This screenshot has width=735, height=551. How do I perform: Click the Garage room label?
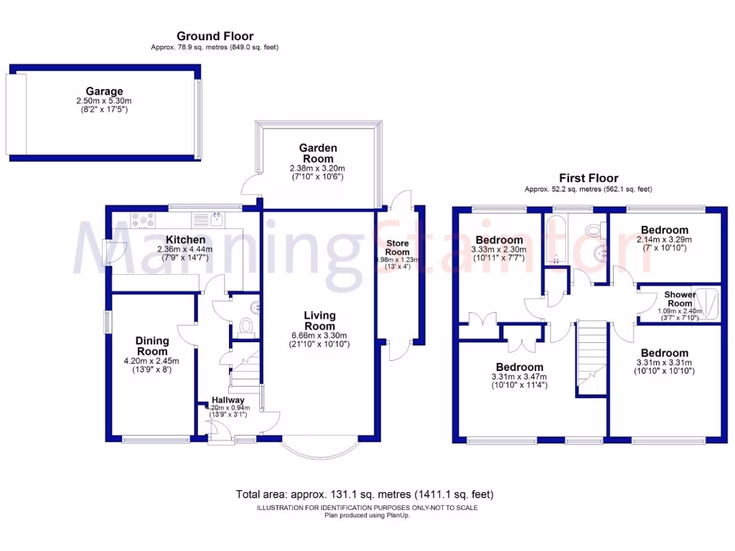tap(104, 91)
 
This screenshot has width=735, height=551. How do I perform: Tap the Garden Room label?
tap(317, 154)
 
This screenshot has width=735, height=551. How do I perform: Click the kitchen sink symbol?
tap(215, 219)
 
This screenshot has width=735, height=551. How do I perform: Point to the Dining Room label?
tap(152, 346)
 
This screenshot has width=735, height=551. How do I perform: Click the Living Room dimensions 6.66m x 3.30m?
tap(319, 336)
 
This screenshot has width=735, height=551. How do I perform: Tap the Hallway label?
tap(228, 400)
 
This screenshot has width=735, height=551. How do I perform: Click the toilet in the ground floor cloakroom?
tap(245, 327)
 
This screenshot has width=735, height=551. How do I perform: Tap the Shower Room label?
tap(679, 299)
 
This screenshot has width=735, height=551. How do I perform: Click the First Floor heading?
tap(589, 178)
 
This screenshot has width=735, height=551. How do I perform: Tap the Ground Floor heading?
tap(215, 36)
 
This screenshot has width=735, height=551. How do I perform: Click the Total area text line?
tap(365, 494)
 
